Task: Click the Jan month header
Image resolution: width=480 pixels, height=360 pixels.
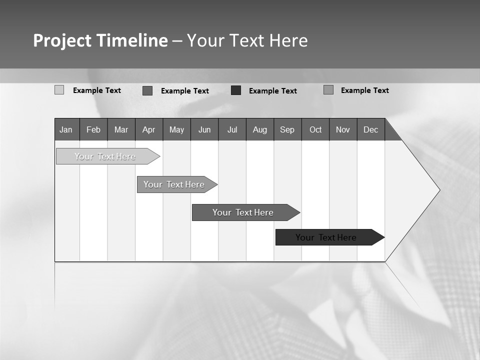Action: (66, 129)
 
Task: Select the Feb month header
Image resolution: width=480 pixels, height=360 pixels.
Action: (93, 129)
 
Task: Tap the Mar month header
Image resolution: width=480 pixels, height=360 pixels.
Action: (121, 129)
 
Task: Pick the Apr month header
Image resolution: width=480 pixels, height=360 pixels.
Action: (149, 129)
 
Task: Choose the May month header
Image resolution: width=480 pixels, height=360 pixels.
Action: (176, 129)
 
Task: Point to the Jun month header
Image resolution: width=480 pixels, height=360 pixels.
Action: (204, 129)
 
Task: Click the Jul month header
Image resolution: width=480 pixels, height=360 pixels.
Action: (232, 129)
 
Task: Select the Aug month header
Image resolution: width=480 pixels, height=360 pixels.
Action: (260, 129)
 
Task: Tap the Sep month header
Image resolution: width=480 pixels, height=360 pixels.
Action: (287, 129)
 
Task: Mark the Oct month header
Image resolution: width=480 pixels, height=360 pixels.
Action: (315, 129)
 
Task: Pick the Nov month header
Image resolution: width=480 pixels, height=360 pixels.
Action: (343, 129)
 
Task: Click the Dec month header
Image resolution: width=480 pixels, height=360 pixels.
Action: (371, 129)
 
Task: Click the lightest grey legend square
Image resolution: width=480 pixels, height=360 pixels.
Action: (59, 90)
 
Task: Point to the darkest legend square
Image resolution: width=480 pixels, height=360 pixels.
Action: (236, 90)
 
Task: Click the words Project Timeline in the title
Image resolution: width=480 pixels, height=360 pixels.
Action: (100, 40)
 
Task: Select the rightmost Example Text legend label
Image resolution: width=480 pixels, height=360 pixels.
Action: (364, 90)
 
